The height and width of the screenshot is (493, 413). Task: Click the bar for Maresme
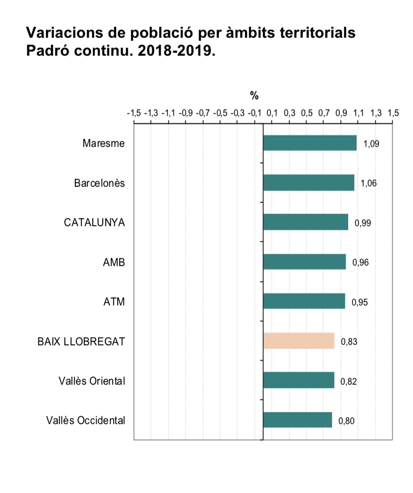click(x=310, y=143)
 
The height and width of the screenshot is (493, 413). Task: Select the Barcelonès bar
click(x=308, y=182)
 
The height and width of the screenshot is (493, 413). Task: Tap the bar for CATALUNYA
click(x=305, y=222)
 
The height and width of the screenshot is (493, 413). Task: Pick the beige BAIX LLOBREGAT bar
click(x=298, y=341)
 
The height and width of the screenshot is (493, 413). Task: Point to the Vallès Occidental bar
click(x=297, y=420)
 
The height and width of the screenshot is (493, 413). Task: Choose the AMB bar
click(x=304, y=262)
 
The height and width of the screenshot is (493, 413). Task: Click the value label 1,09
click(x=372, y=144)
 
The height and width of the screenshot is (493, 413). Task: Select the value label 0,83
click(x=349, y=342)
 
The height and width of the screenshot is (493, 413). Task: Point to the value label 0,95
click(x=360, y=302)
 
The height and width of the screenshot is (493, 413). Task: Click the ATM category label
click(x=114, y=302)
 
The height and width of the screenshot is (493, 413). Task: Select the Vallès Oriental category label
click(x=92, y=381)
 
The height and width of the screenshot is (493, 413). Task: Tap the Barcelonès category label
click(x=99, y=183)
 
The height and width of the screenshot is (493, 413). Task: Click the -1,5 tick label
click(x=134, y=113)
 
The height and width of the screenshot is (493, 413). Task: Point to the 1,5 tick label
click(x=393, y=113)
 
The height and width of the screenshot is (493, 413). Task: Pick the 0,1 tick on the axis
click(x=272, y=113)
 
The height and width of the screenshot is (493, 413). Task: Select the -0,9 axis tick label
click(x=186, y=113)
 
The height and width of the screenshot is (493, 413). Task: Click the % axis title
click(x=254, y=96)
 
